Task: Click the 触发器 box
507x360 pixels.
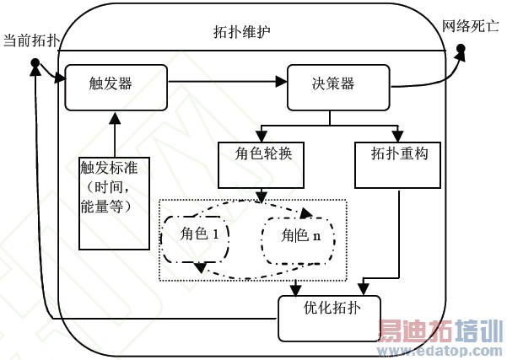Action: coord(116,85)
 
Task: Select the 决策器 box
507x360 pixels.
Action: coord(338,86)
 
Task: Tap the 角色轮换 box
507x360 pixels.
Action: coord(260,164)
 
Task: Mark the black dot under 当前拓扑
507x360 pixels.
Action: coord(35,63)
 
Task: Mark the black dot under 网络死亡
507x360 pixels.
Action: coord(462,51)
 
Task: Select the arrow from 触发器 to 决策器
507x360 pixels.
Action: coord(228,82)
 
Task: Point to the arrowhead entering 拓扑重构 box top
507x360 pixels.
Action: coord(396,135)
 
